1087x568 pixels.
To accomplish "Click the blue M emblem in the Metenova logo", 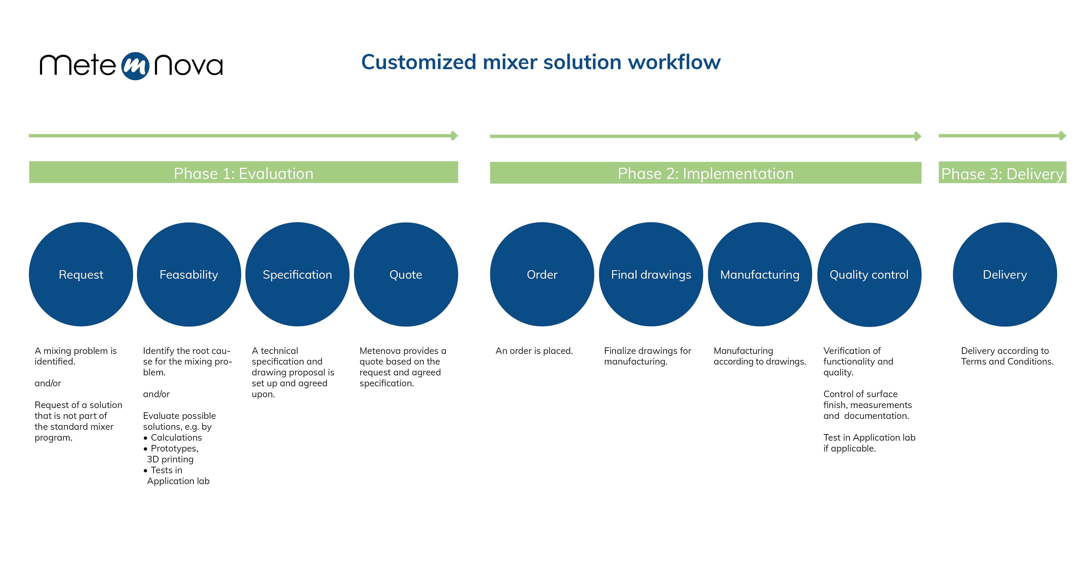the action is pos(135,66).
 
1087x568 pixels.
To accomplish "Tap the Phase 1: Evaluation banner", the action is pos(243,172).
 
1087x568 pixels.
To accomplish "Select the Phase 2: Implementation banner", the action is pos(705,173).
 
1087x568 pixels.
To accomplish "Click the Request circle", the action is pos(81,274).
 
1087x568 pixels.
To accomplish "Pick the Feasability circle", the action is pos(189,274).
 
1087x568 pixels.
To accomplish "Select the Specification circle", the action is pos(297,274).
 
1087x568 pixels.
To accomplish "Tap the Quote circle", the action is pos(406,274).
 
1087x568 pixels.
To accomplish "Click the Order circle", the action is pos(542,274).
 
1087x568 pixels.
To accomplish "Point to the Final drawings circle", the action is pos(651,274).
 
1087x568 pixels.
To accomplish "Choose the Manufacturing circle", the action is pos(760,274).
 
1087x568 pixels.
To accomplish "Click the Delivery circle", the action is pos(1005,274).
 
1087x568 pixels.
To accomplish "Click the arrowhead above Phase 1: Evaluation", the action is pos(454,135).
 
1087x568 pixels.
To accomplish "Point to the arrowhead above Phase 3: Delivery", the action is pos(1062,135).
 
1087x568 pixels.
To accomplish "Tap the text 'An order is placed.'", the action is pos(534,351).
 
